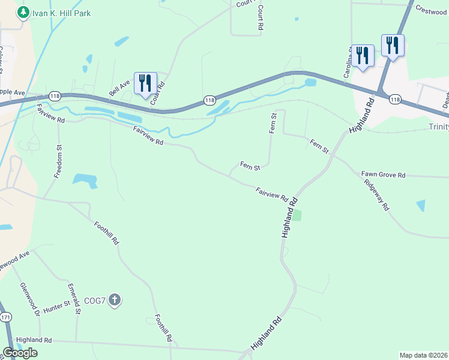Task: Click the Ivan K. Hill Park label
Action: tap(62, 13)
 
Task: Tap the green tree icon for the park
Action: tap(23, 12)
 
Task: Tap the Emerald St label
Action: tap(74, 298)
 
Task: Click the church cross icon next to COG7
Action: tap(115, 299)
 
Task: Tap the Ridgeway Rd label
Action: tap(377, 193)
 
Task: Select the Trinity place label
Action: tap(438, 126)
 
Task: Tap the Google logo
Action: tap(20, 353)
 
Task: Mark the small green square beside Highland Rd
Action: tap(297, 215)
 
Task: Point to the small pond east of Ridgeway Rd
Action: tap(420, 205)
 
